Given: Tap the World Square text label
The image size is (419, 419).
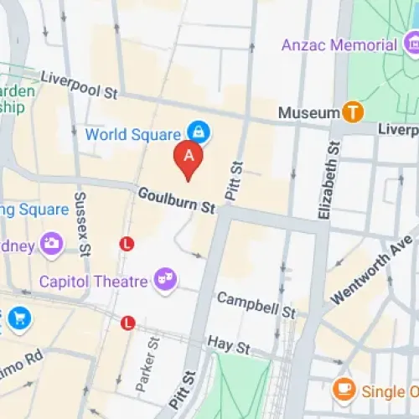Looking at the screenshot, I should pyautogui.click(x=132, y=134).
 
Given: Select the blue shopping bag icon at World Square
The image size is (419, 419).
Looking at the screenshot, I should pyautogui.click(x=199, y=132).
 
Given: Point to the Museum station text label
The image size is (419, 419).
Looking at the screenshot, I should pyautogui.click(x=308, y=111).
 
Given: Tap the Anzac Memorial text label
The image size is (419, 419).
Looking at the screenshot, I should pyautogui.click(x=339, y=44).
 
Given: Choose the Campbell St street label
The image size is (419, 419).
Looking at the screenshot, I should pyautogui.click(x=256, y=305).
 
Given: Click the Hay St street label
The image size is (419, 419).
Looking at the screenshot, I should pyautogui.click(x=230, y=346).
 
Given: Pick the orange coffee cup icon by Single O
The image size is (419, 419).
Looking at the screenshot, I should pyautogui.click(x=343, y=389).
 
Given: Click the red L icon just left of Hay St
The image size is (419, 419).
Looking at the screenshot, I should pyautogui.click(x=128, y=323).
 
